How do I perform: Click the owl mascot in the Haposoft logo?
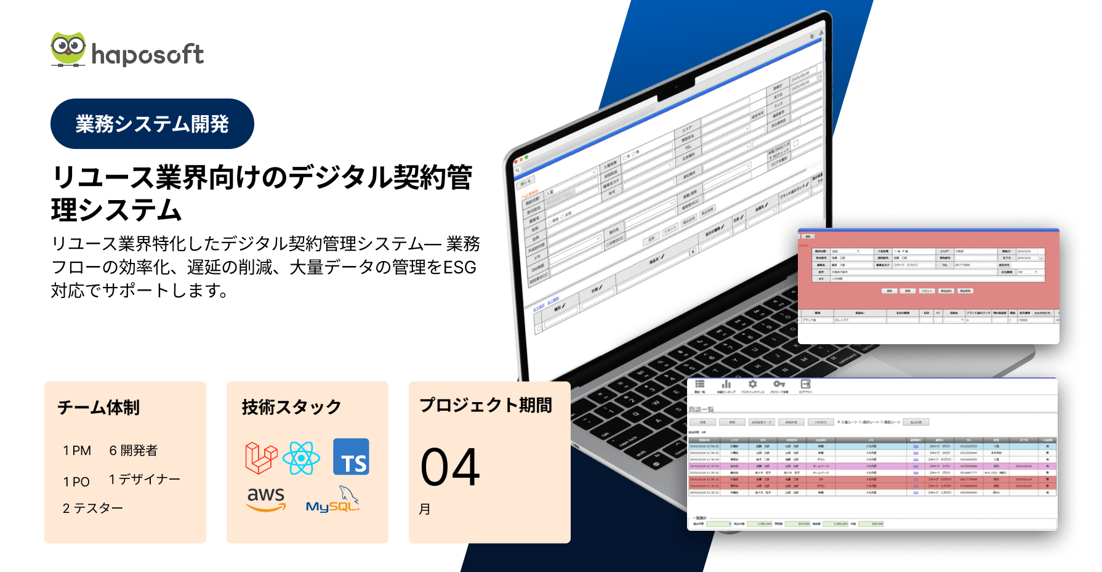68,49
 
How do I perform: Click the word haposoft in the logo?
148,55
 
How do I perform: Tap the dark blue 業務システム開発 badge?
152,124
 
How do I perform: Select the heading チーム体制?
99,407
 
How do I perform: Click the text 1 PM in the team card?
77,451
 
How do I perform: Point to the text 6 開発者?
133,451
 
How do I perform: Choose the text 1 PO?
76,481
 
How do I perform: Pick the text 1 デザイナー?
144,479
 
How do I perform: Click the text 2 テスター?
92,508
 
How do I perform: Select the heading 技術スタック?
291,407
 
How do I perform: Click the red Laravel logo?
260,457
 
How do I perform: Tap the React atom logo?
301,458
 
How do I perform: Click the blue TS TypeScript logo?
351,457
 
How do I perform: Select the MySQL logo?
333,500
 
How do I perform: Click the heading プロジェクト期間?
486,405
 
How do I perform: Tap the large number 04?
450,467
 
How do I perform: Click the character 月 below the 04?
425,509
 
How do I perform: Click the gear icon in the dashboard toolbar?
752,384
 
